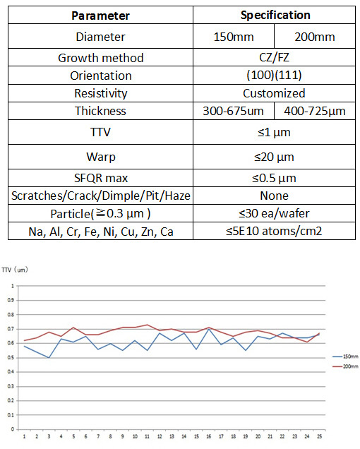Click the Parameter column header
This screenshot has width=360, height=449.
click(x=100, y=16)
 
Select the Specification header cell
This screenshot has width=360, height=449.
click(x=275, y=15)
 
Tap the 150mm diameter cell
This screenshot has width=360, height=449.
click(x=234, y=37)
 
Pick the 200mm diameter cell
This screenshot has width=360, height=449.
click(x=315, y=37)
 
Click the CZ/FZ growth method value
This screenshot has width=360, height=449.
click(x=274, y=58)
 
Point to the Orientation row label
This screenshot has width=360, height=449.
click(x=101, y=76)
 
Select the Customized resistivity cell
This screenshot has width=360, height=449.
click(x=274, y=93)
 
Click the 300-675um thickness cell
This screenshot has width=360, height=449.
click(x=233, y=111)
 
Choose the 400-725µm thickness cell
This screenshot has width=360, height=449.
click(x=315, y=111)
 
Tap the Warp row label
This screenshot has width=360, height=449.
click(x=101, y=157)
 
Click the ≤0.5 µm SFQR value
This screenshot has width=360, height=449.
click(x=274, y=178)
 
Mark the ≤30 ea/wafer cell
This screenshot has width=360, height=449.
click(x=274, y=213)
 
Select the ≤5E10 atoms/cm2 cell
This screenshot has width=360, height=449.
click(x=274, y=231)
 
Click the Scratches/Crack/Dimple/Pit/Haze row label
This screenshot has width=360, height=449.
click(x=101, y=196)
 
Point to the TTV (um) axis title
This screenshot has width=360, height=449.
click(x=15, y=270)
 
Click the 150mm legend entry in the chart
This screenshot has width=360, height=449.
click(x=345, y=357)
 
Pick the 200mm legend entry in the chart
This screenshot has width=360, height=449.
click(x=345, y=366)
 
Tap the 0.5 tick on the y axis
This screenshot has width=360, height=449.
click(x=11, y=358)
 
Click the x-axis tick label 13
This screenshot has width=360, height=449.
click(x=172, y=436)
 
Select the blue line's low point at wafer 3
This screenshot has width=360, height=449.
click(x=49, y=358)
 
